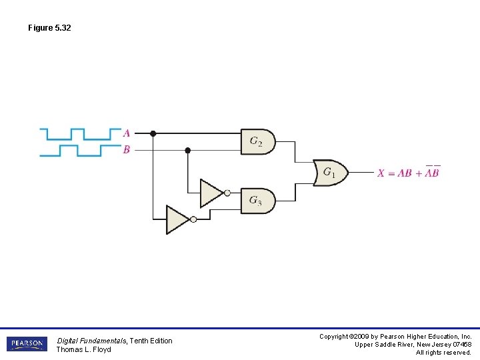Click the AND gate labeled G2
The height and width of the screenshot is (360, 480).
click(x=257, y=141)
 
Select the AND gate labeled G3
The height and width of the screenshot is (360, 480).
click(x=257, y=200)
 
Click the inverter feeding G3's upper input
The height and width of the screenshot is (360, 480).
click(x=212, y=193)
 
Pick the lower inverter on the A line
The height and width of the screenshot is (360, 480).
click(x=178, y=219)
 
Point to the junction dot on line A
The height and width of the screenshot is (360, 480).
click(x=153, y=133)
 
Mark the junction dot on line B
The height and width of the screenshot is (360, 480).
click(x=187, y=150)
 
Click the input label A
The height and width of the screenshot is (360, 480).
click(x=127, y=133)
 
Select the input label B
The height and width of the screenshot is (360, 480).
click(x=127, y=150)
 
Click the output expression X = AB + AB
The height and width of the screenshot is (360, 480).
click(x=409, y=173)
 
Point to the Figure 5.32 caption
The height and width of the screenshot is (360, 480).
click(x=49, y=28)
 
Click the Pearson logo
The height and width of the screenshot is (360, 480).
click(x=27, y=344)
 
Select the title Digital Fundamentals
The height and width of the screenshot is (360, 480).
click(x=92, y=341)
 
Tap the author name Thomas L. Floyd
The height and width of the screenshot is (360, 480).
click(x=83, y=349)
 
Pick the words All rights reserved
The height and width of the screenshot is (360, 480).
click(x=443, y=353)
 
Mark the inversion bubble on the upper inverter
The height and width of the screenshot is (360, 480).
click(x=227, y=193)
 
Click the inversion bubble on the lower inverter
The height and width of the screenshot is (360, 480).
click(x=193, y=219)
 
